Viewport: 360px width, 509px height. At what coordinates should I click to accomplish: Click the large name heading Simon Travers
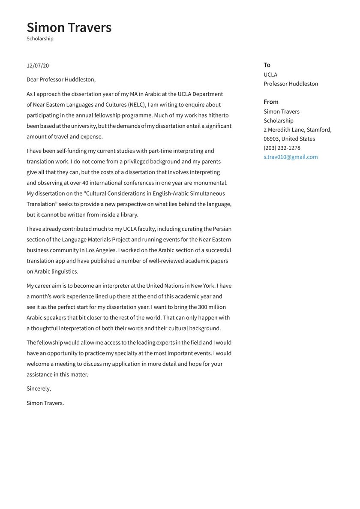click(69, 27)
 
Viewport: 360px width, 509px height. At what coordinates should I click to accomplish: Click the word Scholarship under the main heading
click(40, 39)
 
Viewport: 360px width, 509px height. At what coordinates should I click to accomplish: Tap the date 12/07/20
click(38, 66)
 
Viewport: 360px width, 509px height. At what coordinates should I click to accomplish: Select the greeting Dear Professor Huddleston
click(61, 79)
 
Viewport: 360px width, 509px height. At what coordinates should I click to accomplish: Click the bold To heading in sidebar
click(267, 65)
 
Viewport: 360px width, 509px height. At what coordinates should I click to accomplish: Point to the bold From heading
click(271, 102)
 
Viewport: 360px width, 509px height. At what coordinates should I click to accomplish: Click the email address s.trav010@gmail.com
click(291, 157)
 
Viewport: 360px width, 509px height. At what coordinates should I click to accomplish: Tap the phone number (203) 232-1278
click(282, 148)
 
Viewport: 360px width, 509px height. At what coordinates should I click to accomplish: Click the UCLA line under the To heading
click(270, 75)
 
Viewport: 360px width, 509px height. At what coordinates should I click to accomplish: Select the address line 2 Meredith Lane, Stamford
click(297, 130)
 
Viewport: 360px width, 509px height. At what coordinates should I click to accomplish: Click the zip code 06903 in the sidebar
click(271, 139)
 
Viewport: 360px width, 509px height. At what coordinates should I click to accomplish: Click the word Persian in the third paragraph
click(221, 229)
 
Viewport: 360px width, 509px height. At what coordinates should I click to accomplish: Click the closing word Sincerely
click(39, 389)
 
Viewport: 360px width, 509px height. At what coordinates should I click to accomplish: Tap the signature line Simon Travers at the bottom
click(45, 403)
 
